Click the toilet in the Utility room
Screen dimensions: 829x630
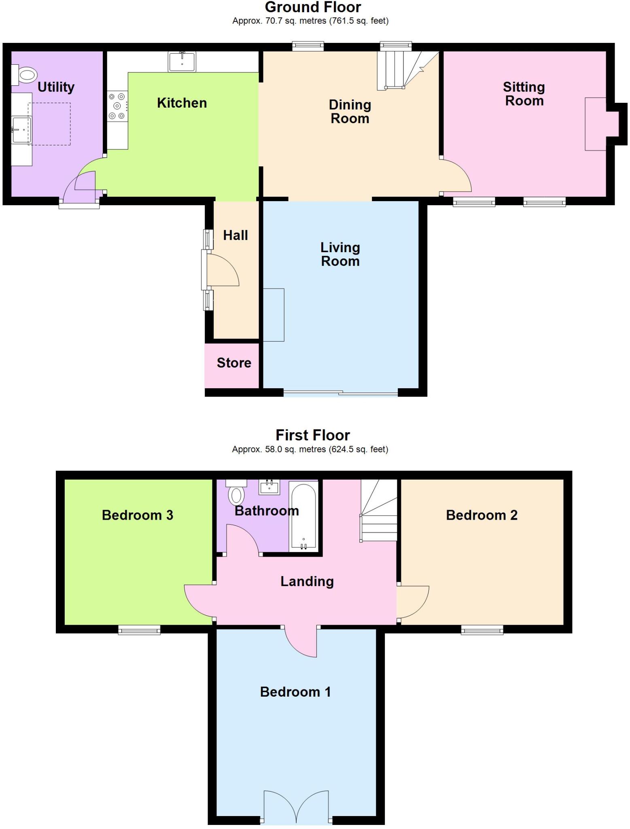point(25,75)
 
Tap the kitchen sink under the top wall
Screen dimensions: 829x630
point(182,62)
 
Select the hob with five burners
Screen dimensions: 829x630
point(117,106)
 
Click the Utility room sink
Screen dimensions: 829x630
point(21,130)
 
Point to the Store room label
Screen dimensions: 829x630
point(234,363)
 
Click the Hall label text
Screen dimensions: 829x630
point(235,235)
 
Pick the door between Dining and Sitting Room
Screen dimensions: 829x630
point(455,176)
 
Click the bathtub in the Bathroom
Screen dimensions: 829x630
point(303,517)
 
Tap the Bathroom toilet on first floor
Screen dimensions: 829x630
point(236,492)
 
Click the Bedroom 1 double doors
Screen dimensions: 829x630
point(296,808)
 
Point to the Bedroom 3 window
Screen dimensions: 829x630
point(139,630)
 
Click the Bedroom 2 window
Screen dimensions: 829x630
point(482,630)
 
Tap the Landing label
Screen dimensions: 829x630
point(307,581)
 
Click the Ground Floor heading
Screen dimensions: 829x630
point(313,7)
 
